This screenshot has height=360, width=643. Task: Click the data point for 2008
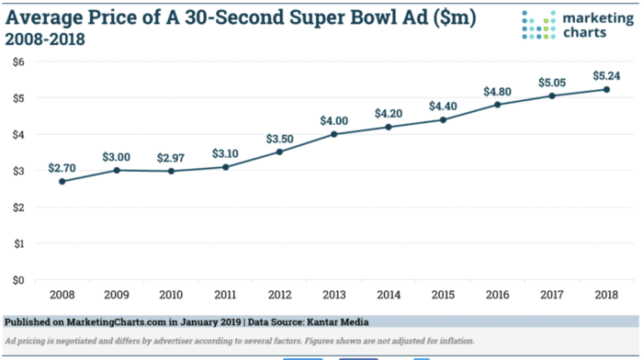(x=62, y=181)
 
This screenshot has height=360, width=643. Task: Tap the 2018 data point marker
(x=605, y=89)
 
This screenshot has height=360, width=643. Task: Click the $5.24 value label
(x=605, y=74)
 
